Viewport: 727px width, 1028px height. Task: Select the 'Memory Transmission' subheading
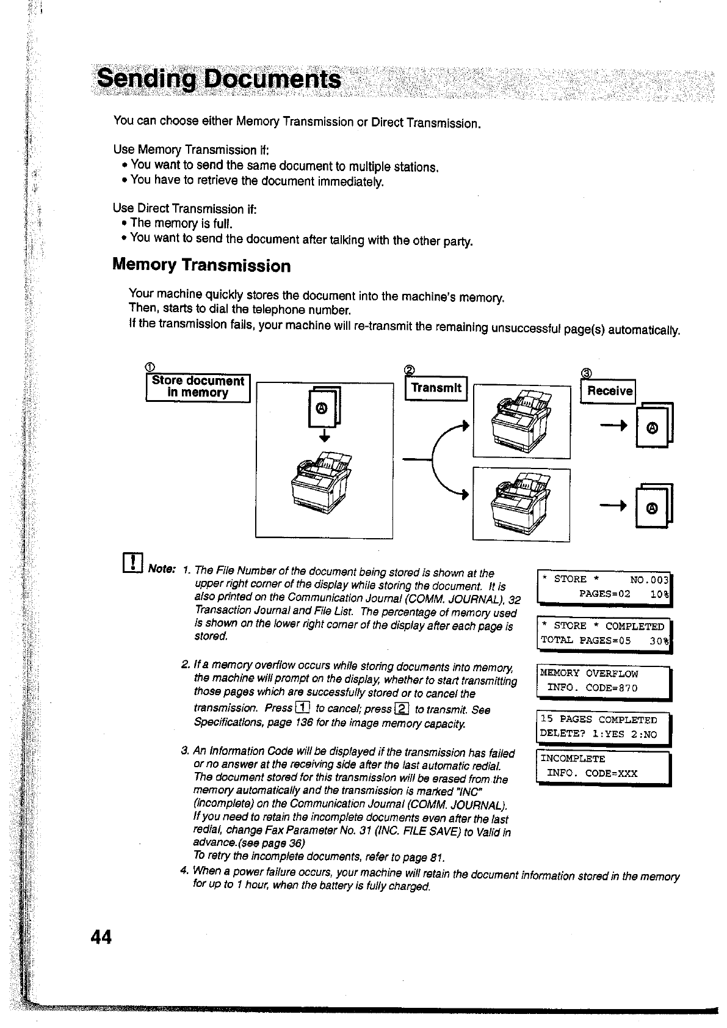click(201, 266)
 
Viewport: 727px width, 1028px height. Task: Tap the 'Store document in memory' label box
click(198, 387)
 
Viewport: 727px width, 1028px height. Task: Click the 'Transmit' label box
click(436, 388)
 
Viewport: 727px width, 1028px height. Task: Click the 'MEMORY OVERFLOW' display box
click(602, 681)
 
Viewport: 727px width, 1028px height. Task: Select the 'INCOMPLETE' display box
click(602, 767)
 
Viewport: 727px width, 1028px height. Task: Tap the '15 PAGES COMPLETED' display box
click(602, 727)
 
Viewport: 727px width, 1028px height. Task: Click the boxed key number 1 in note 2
click(302, 709)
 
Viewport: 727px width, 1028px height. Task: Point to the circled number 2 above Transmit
click(410, 370)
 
